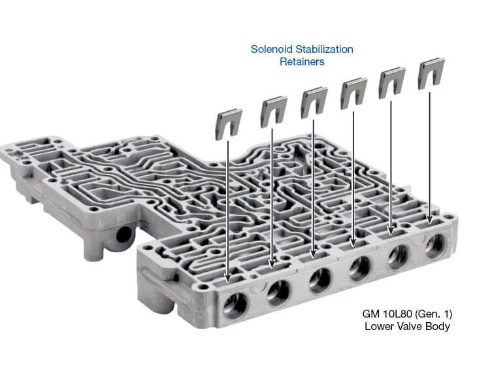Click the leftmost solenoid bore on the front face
235,305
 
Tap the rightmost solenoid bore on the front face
435,245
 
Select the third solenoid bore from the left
319,280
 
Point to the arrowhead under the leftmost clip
228,277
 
